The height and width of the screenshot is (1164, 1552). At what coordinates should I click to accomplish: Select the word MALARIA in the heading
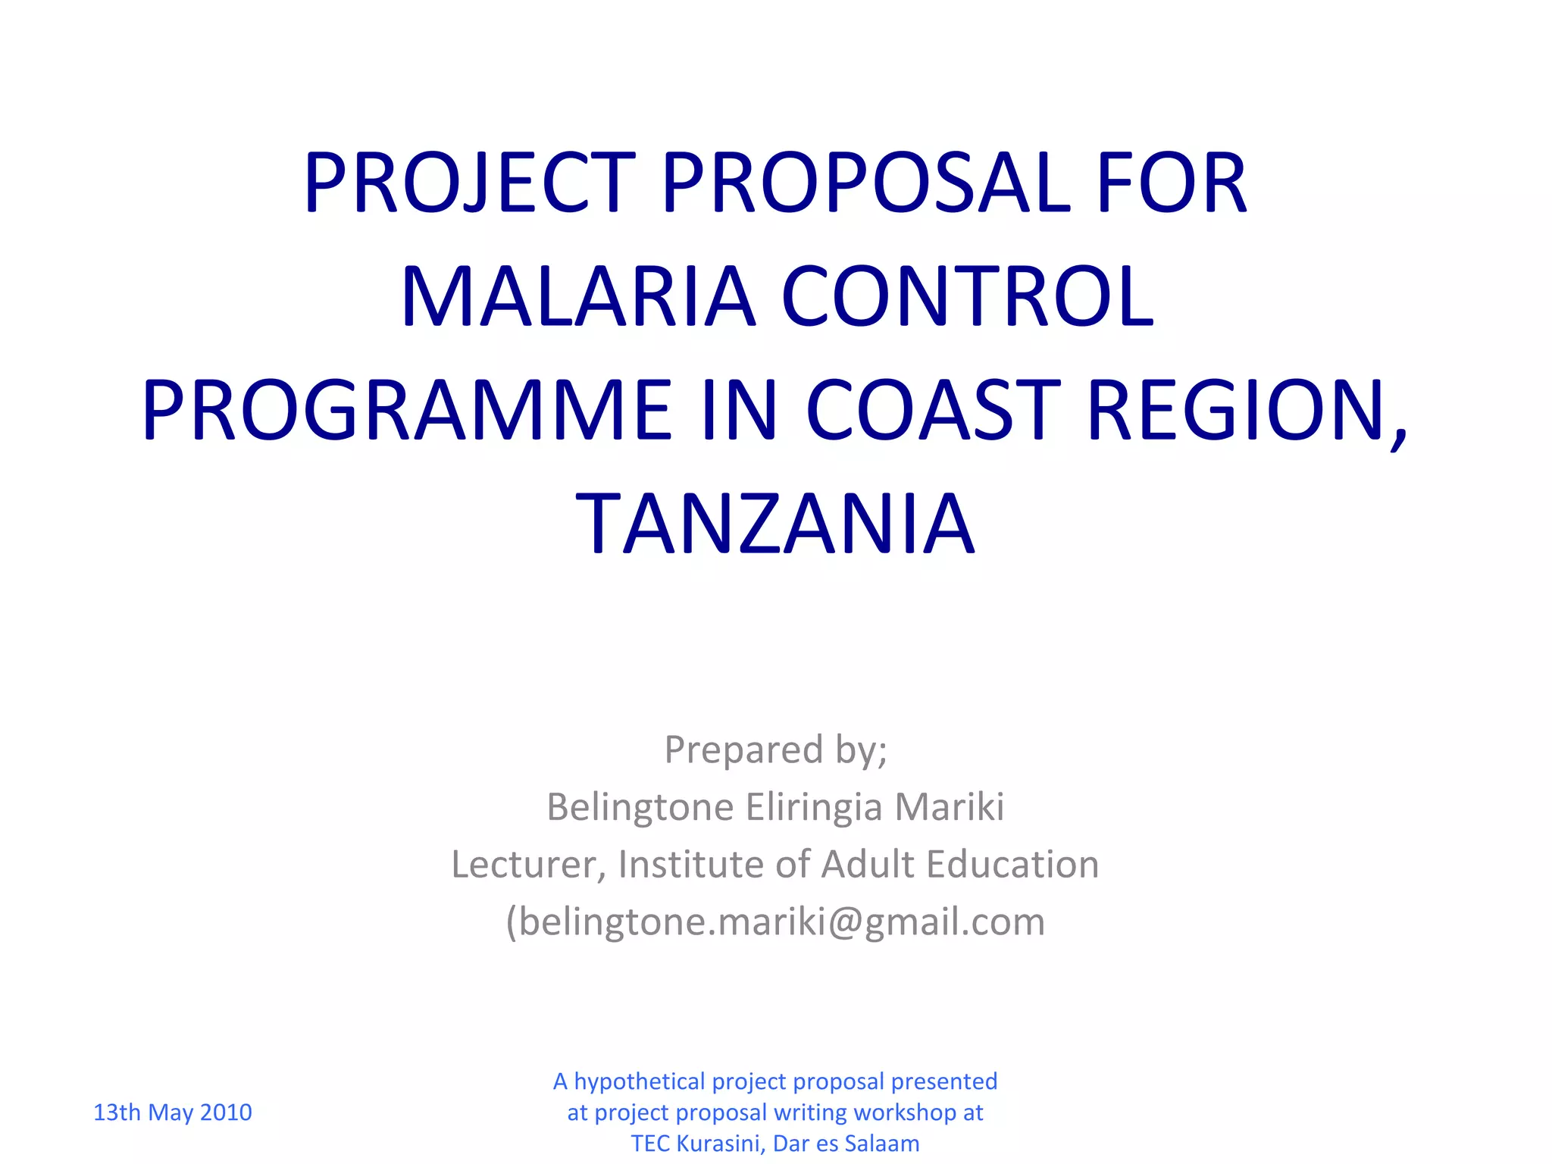point(578,297)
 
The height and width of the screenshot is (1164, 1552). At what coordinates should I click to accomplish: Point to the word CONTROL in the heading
point(968,297)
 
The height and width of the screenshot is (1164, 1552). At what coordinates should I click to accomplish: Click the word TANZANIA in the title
point(775,524)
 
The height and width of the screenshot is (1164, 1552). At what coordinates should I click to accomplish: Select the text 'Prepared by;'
point(775,750)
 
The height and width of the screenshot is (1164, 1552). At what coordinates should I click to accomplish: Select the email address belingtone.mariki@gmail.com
point(781,922)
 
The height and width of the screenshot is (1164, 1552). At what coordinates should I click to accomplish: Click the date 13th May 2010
point(172,1112)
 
